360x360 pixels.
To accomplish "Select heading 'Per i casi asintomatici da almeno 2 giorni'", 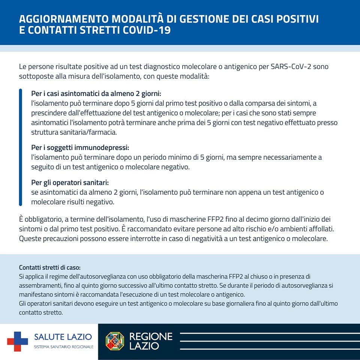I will click(98, 93).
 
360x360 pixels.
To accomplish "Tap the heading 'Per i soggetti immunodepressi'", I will click(82, 148).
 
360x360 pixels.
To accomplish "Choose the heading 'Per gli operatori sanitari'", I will click(70, 183).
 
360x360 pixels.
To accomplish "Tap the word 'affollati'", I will click(318, 228).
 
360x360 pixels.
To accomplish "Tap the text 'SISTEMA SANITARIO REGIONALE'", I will click(64, 347).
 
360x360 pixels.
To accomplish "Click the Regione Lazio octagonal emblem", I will click(115, 341).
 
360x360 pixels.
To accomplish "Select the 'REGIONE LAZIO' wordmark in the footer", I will click(151, 341).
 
